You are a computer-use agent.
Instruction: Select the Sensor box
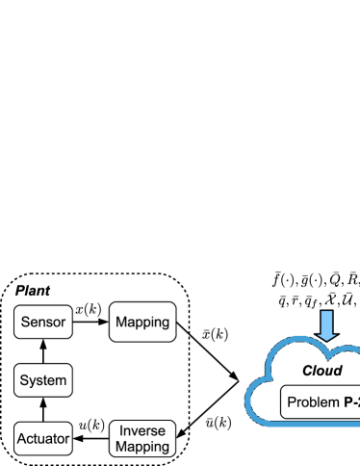pos(43,322)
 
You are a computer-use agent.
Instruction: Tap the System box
pos(43,380)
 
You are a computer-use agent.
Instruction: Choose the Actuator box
pos(43,439)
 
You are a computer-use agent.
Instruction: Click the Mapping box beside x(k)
pos(142,322)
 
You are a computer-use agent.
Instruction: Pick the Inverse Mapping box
pos(142,437)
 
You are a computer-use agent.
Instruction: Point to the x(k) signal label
pos(89,308)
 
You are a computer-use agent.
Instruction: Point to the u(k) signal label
pos(90,425)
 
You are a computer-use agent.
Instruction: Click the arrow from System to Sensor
pos(43,351)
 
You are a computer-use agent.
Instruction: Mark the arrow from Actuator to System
pos(43,409)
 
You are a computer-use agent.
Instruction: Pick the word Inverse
pos(142,429)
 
